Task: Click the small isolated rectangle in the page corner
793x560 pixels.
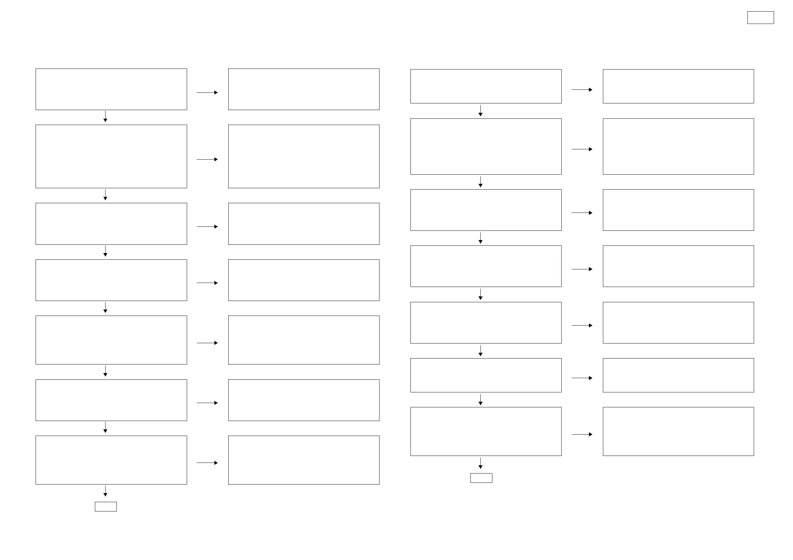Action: click(x=760, y=18)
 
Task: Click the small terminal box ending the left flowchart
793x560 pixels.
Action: click(x=106, y=506)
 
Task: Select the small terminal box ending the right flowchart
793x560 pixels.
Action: click(x=481, y=478)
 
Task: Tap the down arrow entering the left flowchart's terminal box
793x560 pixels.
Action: click(x=105, y=491)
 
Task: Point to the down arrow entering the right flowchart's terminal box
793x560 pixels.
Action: click(x=480, y=463)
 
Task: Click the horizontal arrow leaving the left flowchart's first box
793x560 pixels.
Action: click(x=207, y=92)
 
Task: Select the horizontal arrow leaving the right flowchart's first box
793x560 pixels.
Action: click(x=582, y=90)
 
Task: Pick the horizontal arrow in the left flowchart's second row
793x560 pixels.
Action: click(x=207, y=159)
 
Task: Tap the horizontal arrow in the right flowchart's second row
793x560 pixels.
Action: click(x=582, y=149)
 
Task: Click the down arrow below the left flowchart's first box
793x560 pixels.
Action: click(x=105, y=117)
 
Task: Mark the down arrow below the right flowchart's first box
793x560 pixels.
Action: click(x=480, y=111)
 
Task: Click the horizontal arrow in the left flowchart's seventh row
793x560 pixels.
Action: click(x=207, y=463)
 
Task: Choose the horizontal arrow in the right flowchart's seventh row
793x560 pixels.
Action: click(x=582, y=434)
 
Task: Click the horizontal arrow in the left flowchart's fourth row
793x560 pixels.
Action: click(x=207, y=283)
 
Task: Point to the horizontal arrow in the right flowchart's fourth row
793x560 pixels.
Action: click(x=582, y=269)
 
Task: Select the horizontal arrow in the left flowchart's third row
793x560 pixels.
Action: click(x=207, y=227)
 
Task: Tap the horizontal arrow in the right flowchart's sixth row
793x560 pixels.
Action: click(x=582, y=378)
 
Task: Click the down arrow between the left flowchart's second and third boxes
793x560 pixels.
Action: click(x=105, y=195)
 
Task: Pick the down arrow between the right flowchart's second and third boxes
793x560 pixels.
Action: click(x=480, y=182)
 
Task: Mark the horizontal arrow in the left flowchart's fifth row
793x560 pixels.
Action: click(x=207, y=343)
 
